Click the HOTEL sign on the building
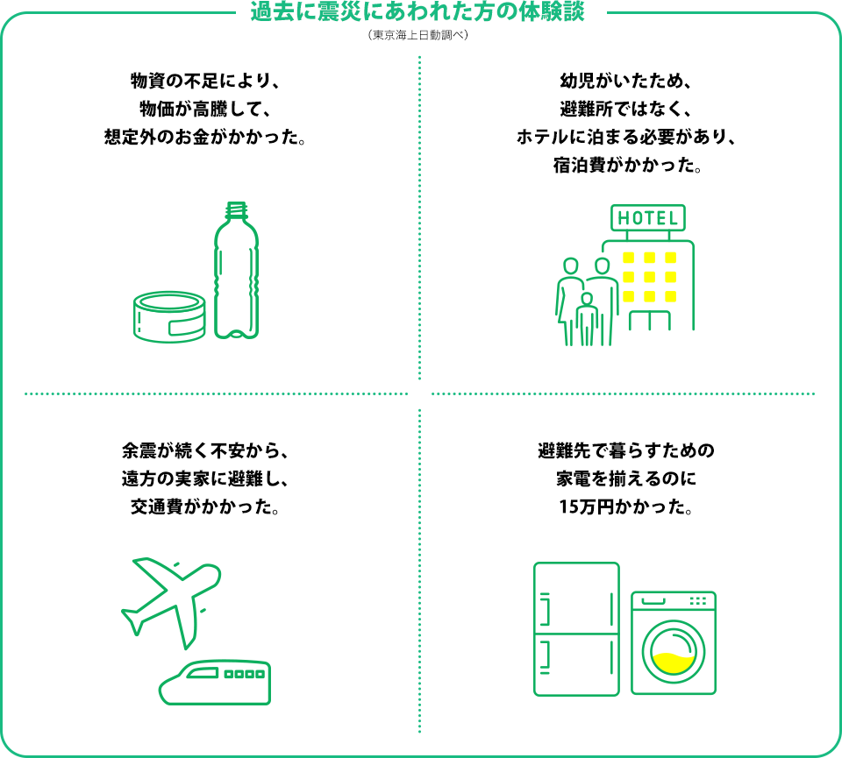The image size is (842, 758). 648,218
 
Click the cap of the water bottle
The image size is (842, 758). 236,210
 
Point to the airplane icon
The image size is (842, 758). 172,593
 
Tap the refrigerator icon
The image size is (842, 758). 576,629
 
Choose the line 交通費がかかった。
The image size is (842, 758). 205,507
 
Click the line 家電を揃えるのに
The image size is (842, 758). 626,479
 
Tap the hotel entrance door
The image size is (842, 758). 649,320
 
